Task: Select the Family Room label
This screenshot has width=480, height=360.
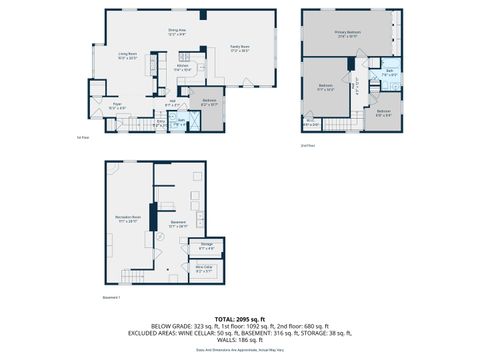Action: [x=240, y=47]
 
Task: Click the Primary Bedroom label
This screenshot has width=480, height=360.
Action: [x=347, y=33]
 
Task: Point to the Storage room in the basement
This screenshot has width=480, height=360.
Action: [x=207, y=246]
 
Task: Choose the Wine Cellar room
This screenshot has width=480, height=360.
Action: [x=204, y=270]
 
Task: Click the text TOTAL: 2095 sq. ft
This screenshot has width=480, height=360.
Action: [x=240, y=318]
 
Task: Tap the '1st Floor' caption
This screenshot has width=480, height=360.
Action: [x=83, y=138]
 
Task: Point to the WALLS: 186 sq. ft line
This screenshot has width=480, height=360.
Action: [x=240, y=342]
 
